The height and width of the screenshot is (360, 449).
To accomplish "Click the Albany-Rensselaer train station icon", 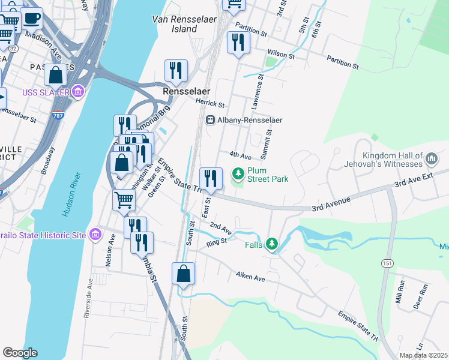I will click(x=211, y=120).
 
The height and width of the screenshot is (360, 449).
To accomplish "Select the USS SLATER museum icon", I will click(x=77, y=92).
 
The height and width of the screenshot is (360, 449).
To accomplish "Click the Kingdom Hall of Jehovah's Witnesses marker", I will click(x=432, y=159).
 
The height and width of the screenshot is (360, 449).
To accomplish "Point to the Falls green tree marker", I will click(x=273, y=244).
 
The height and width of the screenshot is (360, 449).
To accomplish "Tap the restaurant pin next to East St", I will click(x=211, y=178).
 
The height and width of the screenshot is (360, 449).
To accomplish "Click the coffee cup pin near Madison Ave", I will click(x=31, y=18).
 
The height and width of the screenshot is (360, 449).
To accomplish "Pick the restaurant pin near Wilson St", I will click(x=238, y=43).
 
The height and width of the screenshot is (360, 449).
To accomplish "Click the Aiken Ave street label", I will click(x=250, y=278).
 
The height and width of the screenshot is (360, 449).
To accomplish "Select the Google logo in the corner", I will click(x=20, y=353).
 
